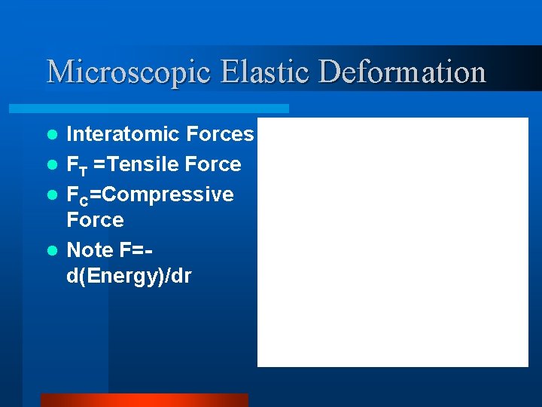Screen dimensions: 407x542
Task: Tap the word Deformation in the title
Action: pyautogui.click(x=403, y=72)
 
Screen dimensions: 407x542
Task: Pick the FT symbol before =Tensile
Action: pyautogui.click(x=77, y=165)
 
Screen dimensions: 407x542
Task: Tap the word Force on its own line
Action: pyautogui.click(x=95, y=220)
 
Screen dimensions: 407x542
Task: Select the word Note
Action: pyautogui.click(x=90, y=249)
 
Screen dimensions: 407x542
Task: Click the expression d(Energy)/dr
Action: pyautogui.click(x=129, y=276)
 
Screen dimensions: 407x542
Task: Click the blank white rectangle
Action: pyautogui.click(x=392, y=241)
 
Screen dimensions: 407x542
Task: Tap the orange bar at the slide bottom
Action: pyautogui.click(x=144, y=400)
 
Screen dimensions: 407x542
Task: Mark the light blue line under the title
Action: pyautogui.click(x=166, y=109)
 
